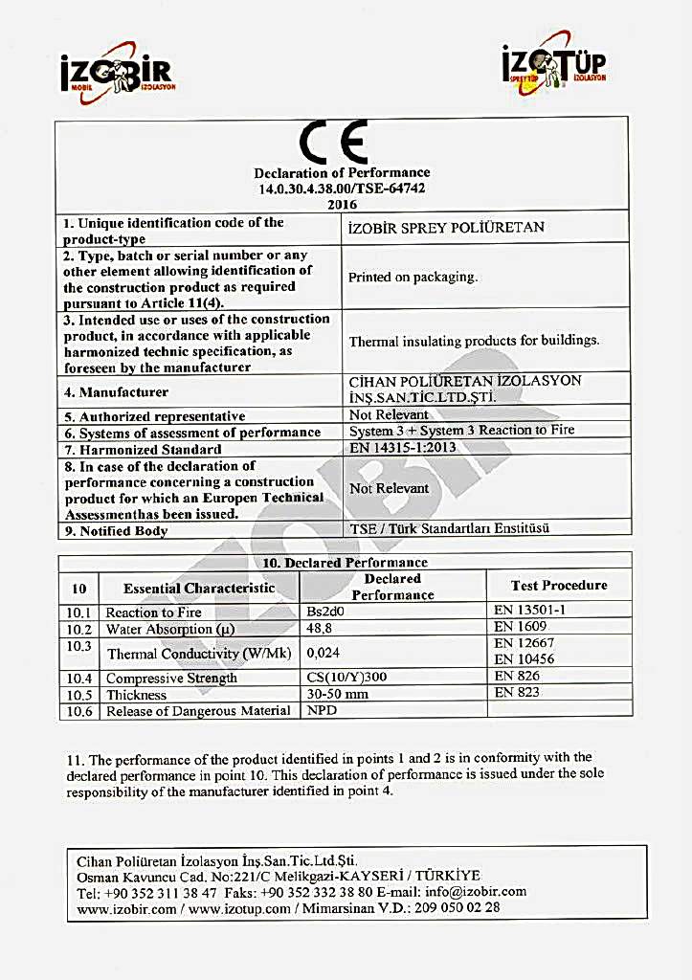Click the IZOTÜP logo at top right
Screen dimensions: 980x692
555,68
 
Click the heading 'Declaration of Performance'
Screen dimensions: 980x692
342,173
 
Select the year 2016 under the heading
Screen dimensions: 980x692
342,204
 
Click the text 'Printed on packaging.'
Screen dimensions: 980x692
413,278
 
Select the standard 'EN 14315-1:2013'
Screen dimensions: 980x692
402,447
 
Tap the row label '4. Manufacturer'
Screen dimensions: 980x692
117,392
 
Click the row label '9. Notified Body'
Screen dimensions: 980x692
116,531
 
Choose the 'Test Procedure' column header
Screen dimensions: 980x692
559,585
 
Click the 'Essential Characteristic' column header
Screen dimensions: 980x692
199,588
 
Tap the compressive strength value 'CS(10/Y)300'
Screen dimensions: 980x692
346,678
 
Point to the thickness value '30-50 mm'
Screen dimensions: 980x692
337,694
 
